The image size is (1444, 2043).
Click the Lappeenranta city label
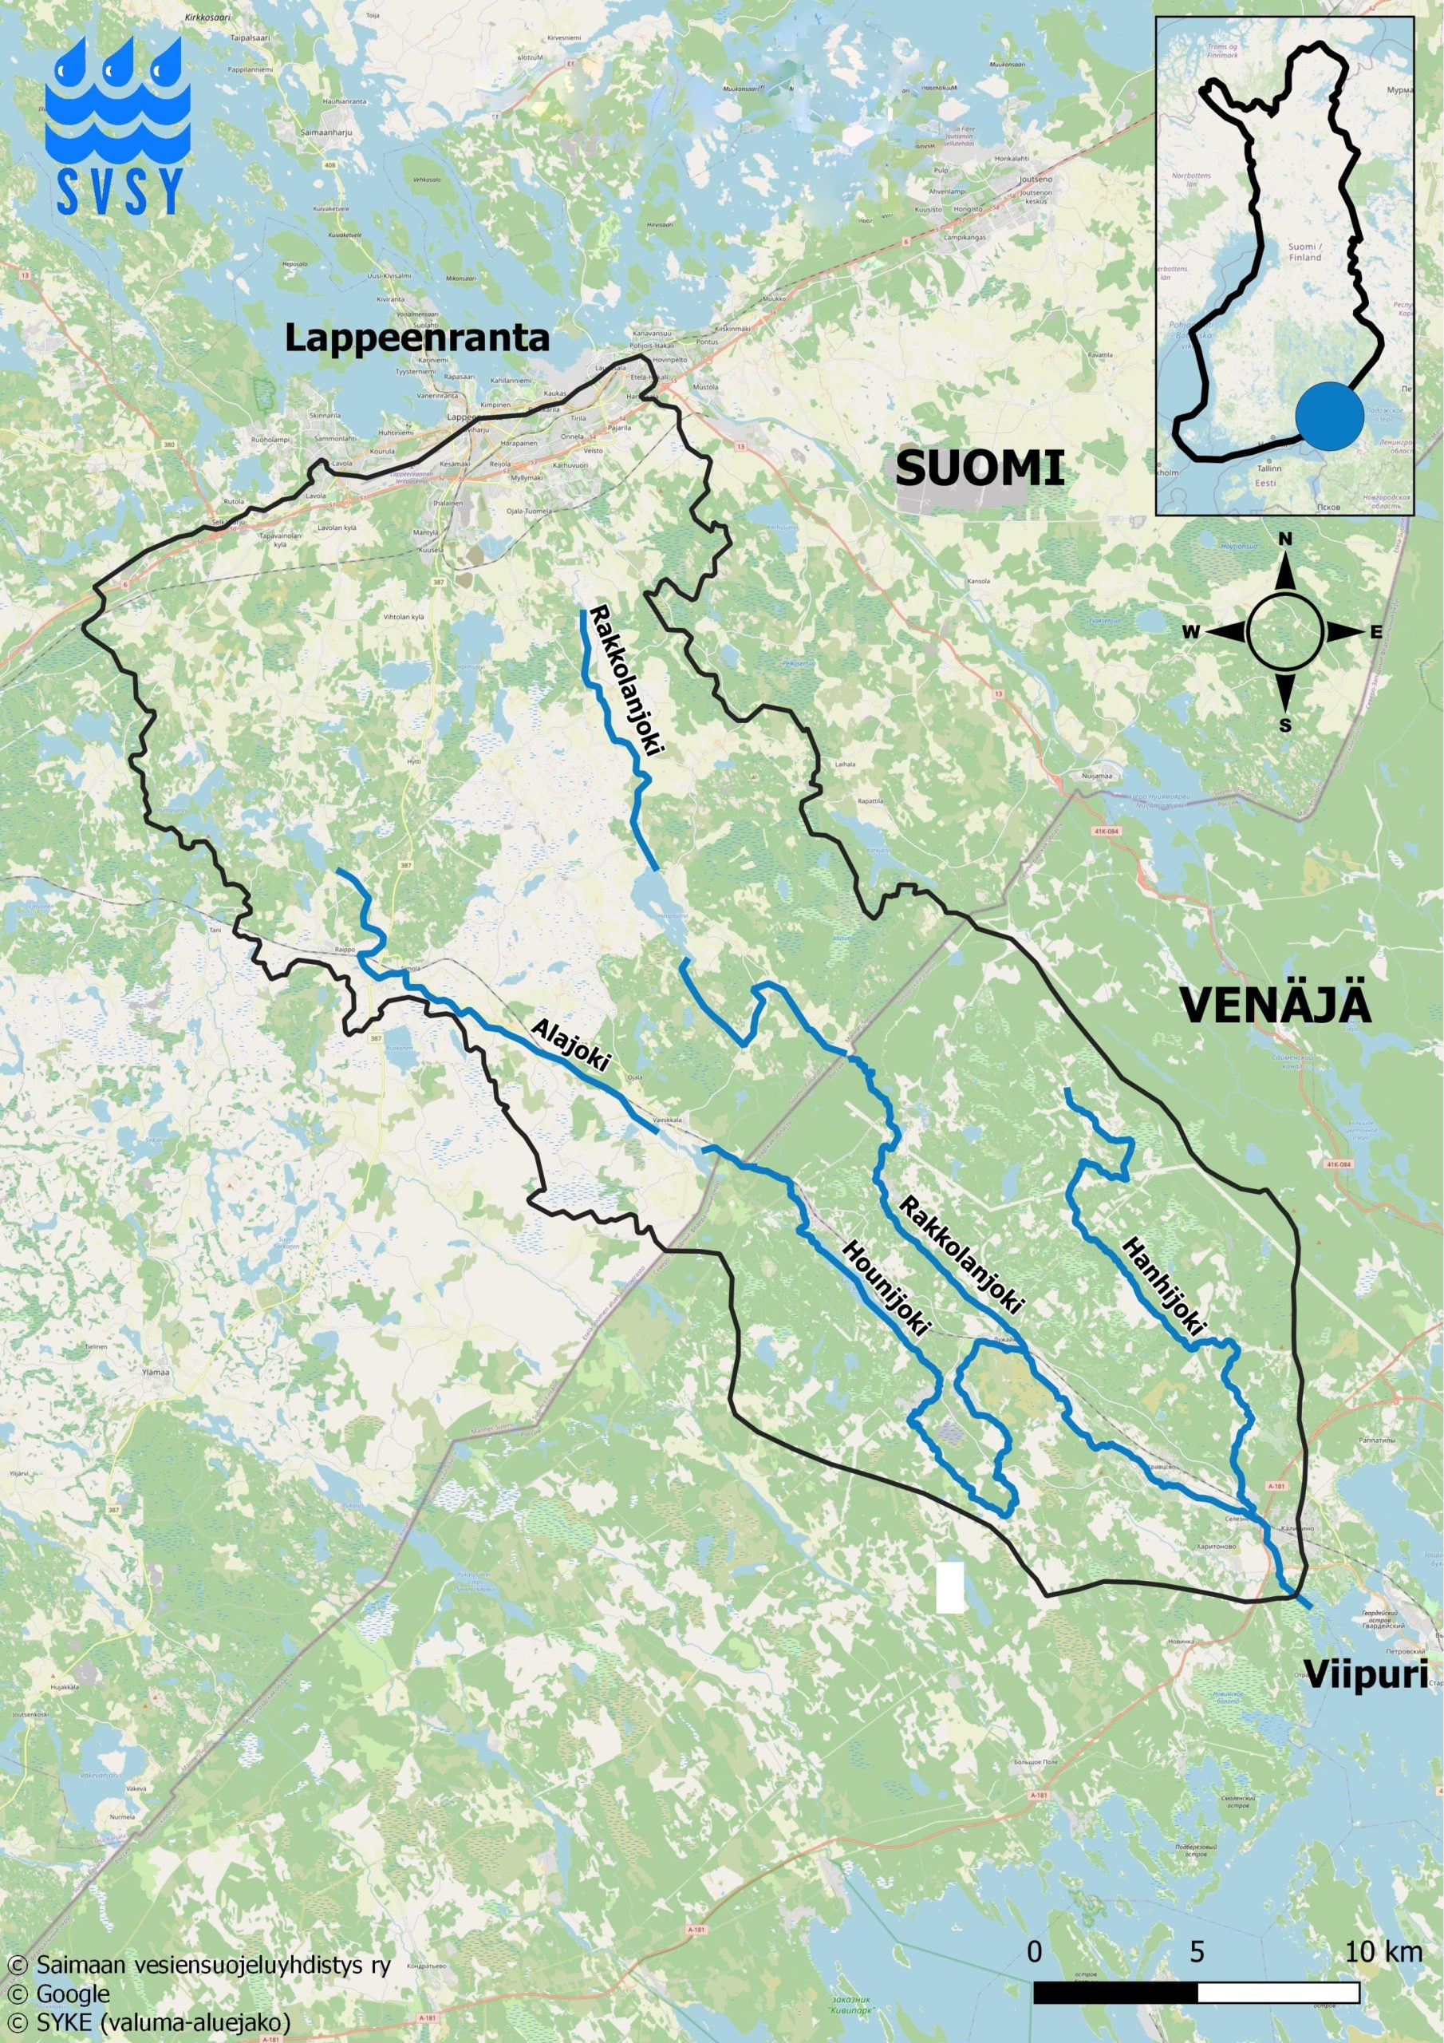pos(416,339)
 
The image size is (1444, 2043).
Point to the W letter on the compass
pos(1190,632)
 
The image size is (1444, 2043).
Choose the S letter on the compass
pos(1284,725)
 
